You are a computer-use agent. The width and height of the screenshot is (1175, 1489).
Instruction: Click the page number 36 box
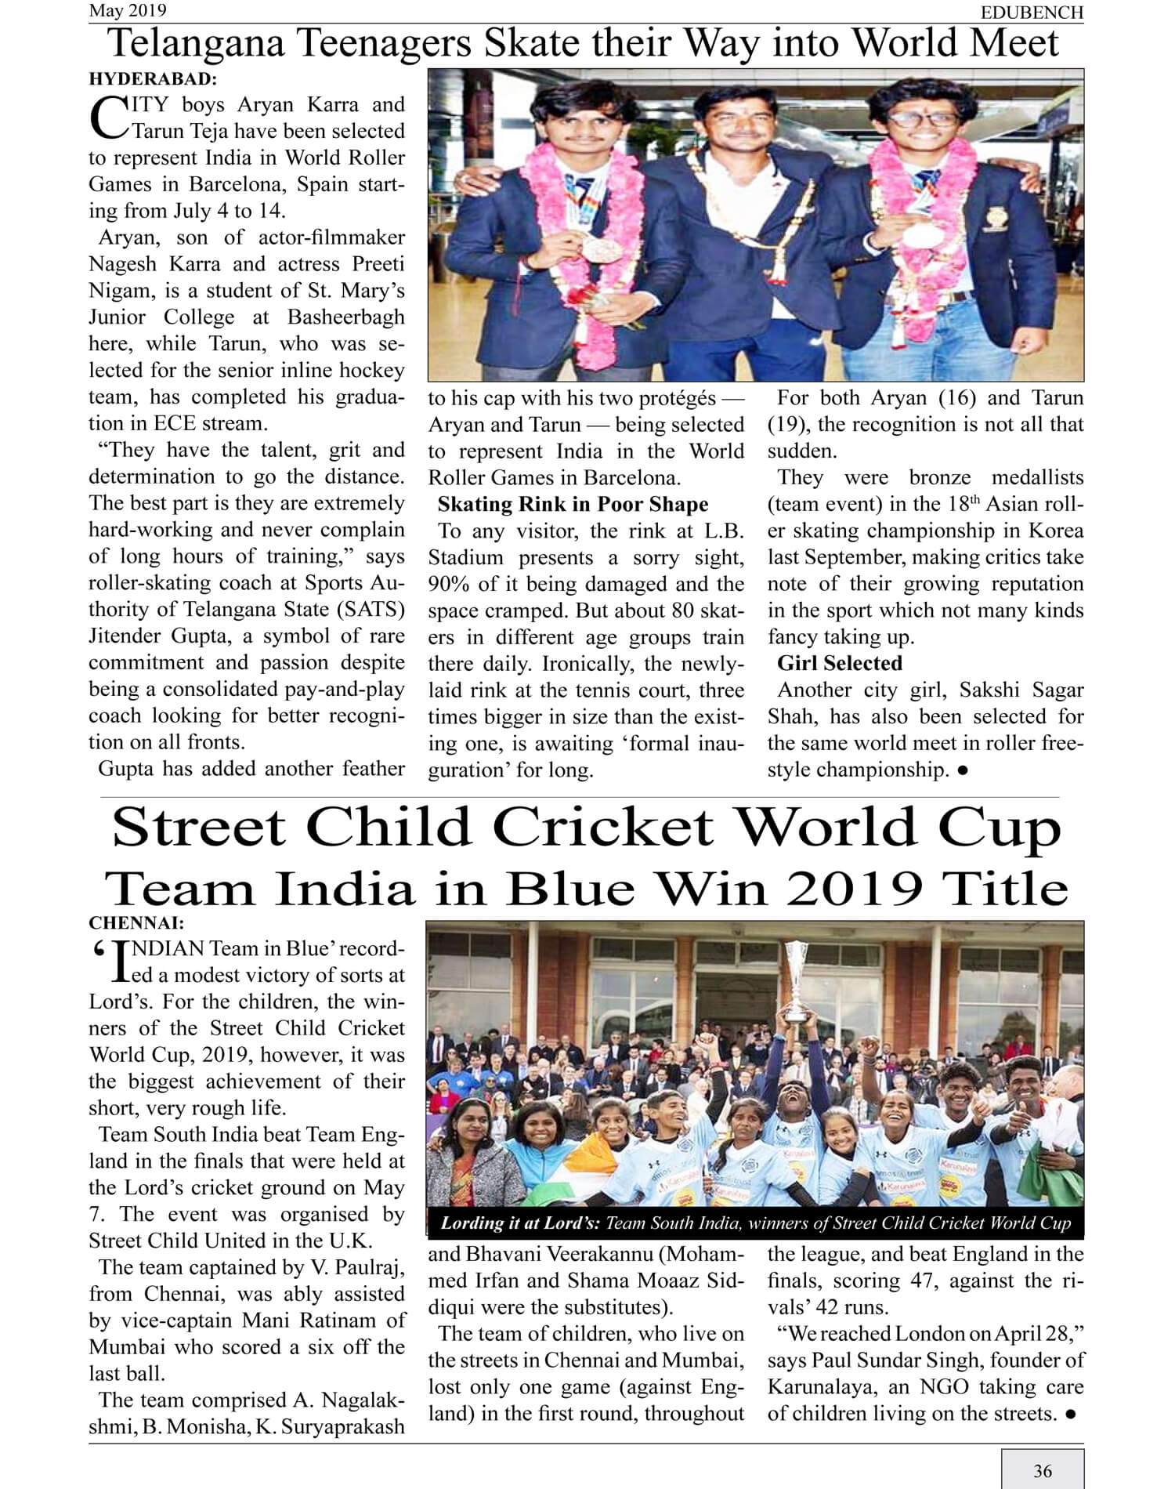[x=1042, y=1470]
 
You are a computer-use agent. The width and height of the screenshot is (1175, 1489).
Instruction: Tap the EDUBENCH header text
[x=1032, y=13]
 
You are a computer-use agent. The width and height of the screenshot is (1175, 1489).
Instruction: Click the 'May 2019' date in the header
[x=127, y=10]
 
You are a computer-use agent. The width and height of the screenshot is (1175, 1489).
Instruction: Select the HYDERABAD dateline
[x=153, y=79]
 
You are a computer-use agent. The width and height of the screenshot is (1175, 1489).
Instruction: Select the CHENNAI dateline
[x=136, y=923]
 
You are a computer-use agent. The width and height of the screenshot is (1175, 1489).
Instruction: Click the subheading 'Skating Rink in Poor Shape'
[x=573, y=504]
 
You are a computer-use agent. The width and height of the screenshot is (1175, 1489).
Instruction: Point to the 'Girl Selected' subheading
[x=839, y=663]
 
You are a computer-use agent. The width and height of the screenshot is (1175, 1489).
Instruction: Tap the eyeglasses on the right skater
[x=924, y=119]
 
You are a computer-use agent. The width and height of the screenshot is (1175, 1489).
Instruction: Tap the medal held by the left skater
[x=602, y=248]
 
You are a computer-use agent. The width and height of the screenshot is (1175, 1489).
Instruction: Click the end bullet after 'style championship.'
[x=963, y=770]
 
